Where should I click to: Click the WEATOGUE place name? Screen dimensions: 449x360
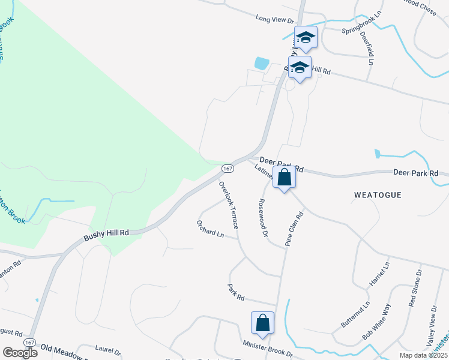coord(377,196)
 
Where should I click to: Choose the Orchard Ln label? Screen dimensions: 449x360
coord(210,229)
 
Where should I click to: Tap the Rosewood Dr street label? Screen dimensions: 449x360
coord(262,218)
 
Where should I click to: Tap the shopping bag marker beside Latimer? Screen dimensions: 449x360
coord(285,178)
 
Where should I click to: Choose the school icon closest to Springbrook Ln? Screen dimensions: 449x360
coord(306,37)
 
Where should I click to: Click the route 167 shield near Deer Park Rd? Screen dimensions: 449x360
coord(228,168)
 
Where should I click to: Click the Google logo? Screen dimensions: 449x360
coord(20,352)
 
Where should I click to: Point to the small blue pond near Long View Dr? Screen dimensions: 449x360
coord(262,62)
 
